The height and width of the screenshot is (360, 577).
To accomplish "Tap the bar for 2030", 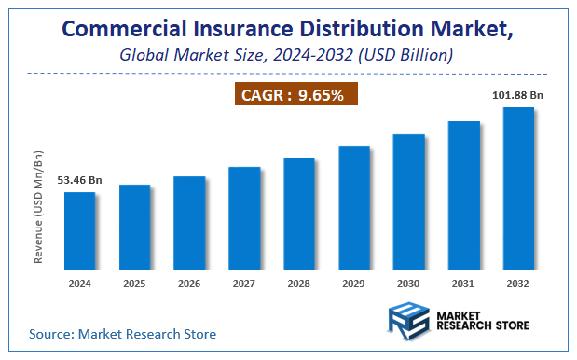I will tap(408, 201).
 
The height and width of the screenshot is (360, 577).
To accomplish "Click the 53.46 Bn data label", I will tap(79, 179).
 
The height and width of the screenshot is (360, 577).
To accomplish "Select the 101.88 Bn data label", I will tap(518, 94).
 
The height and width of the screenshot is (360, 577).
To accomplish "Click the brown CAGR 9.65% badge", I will tap(294, 94).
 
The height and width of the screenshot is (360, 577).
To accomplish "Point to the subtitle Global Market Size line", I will tap(287, 55).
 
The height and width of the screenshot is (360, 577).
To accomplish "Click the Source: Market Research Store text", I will tap(122, 333).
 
